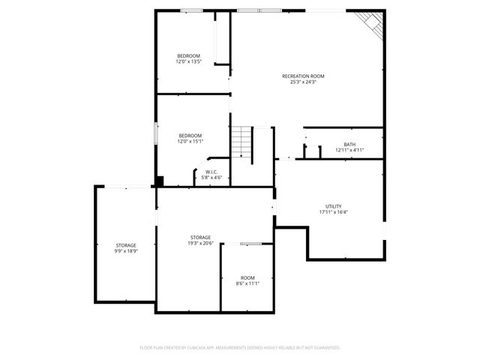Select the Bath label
(x=349, y=145)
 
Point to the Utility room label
(x=334, y=206)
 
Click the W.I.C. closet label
(x=211, y=172)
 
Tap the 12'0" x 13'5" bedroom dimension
(x=189, y=61)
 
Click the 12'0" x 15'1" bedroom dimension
(x=190, y=141)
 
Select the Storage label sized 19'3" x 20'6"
(x=200, y=238)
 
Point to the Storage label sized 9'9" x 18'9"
(x=126, y=246)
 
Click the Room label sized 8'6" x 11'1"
(x=247, y=278)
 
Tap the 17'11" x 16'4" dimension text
(x=334, y=211)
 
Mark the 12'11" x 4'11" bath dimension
(x=349, y=150)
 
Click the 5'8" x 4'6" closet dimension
(x=211, y=178)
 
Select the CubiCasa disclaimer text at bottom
(x=240, y=348)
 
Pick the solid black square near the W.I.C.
(x=159, y=181)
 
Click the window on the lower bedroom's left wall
(x=155, y=134)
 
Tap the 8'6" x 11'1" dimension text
(x=247, y=283)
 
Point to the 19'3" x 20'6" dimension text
(x=200, y=243)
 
